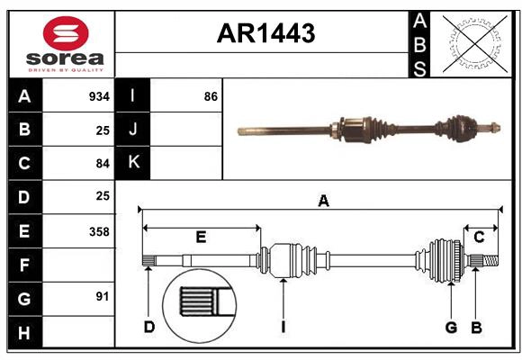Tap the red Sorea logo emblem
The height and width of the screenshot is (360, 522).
(x=66, y=34)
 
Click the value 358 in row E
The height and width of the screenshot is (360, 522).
(x=99, y=231)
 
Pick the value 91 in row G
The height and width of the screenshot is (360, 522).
(x=103, y=296)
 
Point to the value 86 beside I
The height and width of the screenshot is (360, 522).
(x=211, y=95)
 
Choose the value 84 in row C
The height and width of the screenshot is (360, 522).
(x=103, y=163)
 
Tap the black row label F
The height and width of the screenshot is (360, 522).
(x=24, y=265)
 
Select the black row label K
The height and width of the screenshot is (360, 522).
(x=134, y=163)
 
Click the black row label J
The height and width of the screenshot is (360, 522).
(x=134, y=130)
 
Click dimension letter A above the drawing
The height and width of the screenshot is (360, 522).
(x=322, y=202)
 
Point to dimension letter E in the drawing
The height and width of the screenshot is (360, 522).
(x=201, y=238)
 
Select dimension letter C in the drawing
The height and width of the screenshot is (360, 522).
(x=479, y=238)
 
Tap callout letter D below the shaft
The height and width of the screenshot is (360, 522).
(x=149, y=327)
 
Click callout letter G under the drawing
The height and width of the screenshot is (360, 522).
(x=451, y=327)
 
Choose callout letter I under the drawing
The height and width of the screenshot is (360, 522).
(x=283, y=327)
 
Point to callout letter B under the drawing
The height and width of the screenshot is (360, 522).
(x=477, y=327)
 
